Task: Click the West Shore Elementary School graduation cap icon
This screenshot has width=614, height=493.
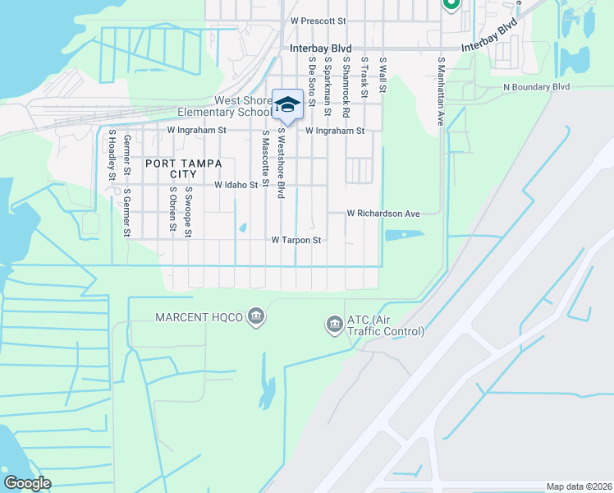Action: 287,104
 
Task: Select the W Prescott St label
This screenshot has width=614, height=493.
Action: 318,19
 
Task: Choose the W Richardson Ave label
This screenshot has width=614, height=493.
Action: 383,214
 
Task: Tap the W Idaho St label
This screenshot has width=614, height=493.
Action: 236,186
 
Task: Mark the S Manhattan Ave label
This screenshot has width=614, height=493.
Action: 441,91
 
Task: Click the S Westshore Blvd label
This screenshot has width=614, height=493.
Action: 281,163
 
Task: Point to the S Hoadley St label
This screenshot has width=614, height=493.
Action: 112,157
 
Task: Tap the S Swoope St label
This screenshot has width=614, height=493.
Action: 188,212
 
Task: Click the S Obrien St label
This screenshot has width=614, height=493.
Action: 173,212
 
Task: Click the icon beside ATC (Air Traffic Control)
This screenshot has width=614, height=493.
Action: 333,325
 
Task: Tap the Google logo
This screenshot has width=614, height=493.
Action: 27,482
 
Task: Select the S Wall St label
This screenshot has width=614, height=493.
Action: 383,75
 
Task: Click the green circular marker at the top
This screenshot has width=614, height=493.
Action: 450,4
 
